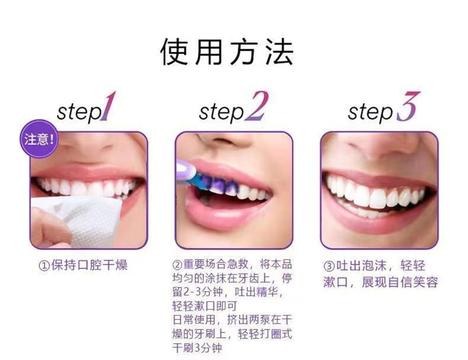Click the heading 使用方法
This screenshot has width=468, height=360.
[x=227, y=52]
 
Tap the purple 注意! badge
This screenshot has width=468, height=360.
[x=40, y=140]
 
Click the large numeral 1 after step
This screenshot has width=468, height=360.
[x=107, y=107]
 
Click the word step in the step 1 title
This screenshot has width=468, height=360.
[x=78, y=111]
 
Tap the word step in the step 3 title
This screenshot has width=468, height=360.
[x=370, y=111]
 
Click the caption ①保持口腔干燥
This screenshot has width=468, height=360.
[x=83, y=266]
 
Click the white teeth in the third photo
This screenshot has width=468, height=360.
[x=377, y=196]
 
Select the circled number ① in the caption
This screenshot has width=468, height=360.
[x=43, y=266]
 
